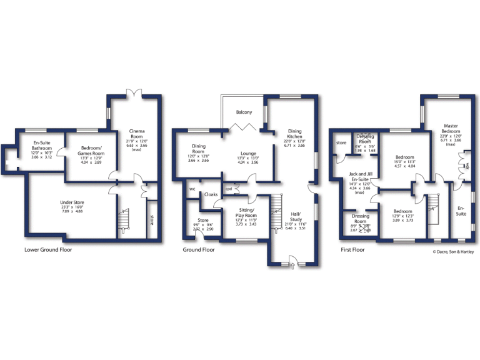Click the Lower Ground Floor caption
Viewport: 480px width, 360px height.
pos(47,249)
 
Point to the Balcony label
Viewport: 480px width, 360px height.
pos(244,112)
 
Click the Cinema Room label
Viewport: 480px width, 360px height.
pos(137,133)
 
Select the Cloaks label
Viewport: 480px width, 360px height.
pos(211,194)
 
